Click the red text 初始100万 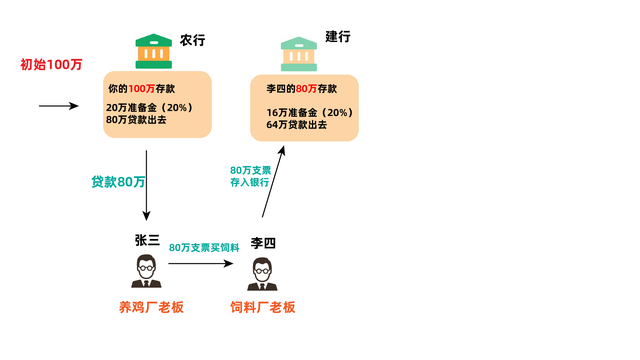51,65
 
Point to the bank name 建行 339,37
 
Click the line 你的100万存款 139,89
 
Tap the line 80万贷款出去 135,120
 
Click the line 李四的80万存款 302,89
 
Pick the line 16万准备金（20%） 310,111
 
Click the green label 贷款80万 118,182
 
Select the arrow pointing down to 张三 147,185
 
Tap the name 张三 147,240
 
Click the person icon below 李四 263,272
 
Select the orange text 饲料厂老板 263,307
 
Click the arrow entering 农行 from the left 58,104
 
